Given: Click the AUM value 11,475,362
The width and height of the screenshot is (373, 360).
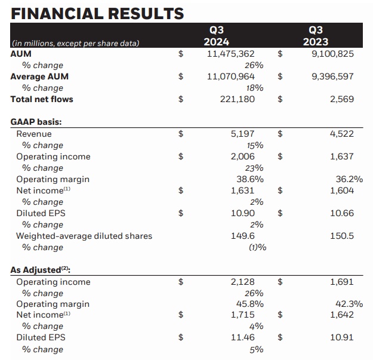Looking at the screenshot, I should pos(231,54).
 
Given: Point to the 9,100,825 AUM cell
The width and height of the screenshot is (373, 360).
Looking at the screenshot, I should pos(333,54).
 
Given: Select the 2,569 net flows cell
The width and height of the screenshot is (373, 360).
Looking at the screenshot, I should pos(342,99).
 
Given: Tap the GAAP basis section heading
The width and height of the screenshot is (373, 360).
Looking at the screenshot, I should pos(36,122).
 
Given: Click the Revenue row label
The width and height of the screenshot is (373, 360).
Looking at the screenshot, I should pos(34,134).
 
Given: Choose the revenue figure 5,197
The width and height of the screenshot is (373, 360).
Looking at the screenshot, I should pos(243,134).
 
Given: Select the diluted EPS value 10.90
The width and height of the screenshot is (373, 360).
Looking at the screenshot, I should pos(243,213).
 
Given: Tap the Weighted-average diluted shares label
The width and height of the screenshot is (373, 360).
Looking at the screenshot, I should pos(84,236).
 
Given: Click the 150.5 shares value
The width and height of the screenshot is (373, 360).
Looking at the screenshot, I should pos(342,236).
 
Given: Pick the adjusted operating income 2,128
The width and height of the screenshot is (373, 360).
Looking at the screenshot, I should pos(243,282).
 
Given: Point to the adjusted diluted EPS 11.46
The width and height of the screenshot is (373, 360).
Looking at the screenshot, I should pos(243,338).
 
